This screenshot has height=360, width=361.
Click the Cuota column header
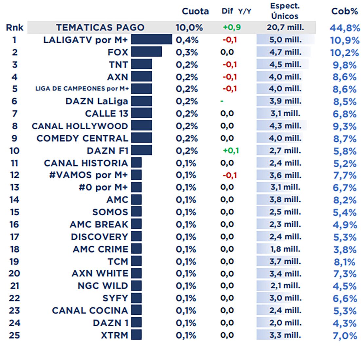click(x=195, y=11)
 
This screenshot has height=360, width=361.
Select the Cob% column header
click(x=344, y=11)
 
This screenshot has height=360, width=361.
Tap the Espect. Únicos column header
click(x=285, y=11)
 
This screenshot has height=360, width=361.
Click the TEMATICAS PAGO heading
click(x=100, y=27)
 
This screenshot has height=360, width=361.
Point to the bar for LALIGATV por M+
click(x=152, y=40)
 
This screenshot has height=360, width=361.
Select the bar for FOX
click(x=146, y=52)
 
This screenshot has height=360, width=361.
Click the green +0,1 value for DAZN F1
click(x=231, y=151)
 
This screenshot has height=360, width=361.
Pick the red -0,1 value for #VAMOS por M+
click(x=230, y=175)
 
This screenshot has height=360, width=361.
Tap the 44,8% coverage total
click(x=345, y=28)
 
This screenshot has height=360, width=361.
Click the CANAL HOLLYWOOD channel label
click(x=80, y=126)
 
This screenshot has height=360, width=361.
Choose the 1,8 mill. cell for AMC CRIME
click(x=285, y=249)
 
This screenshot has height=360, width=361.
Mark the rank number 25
click(x=14, y=335)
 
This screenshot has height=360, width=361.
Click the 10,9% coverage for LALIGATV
click(x=345, y=40)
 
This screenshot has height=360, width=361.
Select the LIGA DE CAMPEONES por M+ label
click(x=82, y=89)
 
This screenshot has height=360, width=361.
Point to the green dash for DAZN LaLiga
click(x=222, y=101)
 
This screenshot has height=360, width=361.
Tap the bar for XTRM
click(x=137, y=335)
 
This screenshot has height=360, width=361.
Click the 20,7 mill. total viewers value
click(x=285, y=27)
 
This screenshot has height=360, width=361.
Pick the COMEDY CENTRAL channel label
click(x=82, y=138)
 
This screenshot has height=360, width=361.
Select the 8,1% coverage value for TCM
click(x=344, y=262)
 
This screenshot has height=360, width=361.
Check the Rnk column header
click(x=14, y=27)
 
